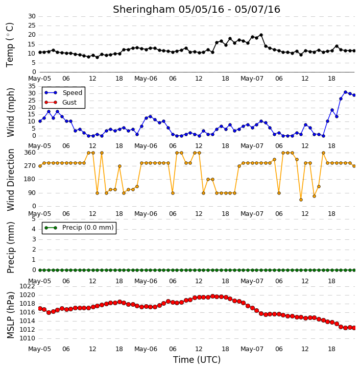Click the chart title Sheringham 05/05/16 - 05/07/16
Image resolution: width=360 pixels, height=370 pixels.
point(197,9)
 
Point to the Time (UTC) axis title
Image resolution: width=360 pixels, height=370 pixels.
point(197,360)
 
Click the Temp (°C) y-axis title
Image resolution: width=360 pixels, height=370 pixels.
point(10,45)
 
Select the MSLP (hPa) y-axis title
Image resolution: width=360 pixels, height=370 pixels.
point(10,315)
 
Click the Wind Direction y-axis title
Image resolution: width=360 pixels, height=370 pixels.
point(10,180)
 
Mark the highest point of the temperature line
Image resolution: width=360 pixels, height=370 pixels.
point(261,35)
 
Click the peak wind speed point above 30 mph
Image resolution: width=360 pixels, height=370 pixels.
point(345,92)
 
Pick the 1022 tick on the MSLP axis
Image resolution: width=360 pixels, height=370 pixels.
point(27,286)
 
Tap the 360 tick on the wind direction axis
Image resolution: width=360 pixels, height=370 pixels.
point(30,153)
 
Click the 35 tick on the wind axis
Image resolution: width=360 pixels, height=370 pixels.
point(32,86)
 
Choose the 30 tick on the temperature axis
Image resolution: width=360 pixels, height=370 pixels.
point(32,16)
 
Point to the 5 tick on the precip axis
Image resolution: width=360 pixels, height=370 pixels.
point(34,219)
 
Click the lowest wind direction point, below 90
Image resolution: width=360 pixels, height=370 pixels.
point(301,200)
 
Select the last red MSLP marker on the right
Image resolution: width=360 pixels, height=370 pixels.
point(354,328)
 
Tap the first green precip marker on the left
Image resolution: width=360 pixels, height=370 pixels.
point(40,270)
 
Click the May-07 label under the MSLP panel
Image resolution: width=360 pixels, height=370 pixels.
point(252,349)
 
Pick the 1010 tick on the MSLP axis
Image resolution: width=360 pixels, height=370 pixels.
point(27,338)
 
